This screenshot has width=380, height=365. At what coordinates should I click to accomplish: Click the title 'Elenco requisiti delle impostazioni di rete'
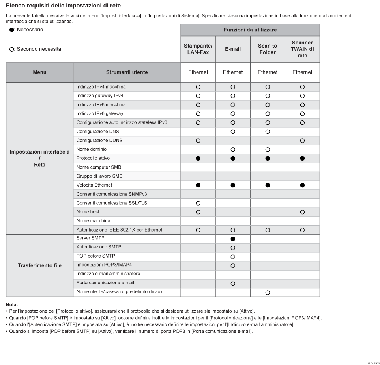point(64,5)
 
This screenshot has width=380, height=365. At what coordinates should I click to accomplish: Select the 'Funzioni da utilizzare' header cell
point(250,30)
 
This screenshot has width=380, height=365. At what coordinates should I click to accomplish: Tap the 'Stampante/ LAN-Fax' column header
point(198,49)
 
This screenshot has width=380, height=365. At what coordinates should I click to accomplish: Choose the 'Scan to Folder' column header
point(268,49)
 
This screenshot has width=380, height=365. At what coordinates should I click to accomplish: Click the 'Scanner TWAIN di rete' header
point(302,49)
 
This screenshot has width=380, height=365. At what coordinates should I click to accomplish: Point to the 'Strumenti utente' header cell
point(127,72)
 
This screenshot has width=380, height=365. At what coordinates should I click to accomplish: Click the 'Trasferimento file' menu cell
point(39,265)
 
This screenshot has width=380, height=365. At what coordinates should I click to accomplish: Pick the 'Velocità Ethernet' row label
point(94,185)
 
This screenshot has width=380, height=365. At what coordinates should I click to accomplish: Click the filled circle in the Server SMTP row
point(233,239)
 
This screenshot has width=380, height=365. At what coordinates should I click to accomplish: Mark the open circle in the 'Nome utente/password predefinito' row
point(268,293)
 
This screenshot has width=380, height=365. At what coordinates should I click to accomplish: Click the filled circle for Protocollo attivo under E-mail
point(233,158)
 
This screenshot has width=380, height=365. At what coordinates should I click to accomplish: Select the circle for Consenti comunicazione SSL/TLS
point(198,203)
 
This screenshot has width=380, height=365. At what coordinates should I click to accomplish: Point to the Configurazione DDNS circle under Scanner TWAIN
point(302,141)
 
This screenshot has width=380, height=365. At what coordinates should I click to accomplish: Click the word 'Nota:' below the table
point(12,304)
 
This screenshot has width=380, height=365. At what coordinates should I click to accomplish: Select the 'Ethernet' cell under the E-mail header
point(233,72)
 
